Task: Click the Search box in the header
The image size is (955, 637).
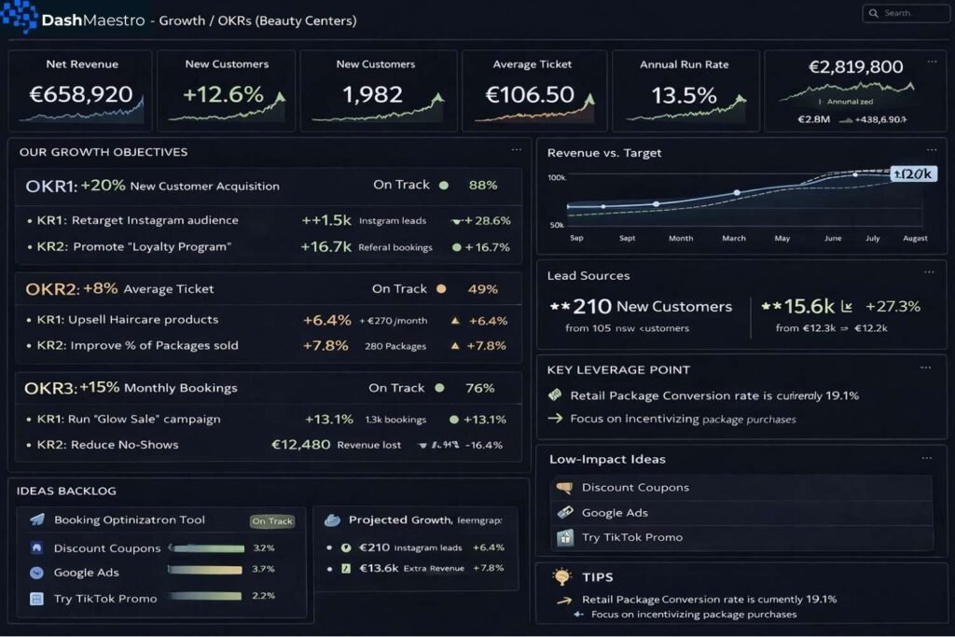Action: tap(905, 13)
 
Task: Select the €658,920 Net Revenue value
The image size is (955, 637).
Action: tap(81, 95)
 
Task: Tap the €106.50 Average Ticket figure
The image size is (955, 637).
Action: tap(530, 95)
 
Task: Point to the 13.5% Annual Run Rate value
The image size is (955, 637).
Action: tap(684, 95)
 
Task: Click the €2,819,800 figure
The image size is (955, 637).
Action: tap(855, 67)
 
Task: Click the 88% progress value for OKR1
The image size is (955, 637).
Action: tap(483, 186)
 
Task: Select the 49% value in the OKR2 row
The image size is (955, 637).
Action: tap(483, 289)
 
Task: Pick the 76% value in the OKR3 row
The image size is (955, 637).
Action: tap(479, 388)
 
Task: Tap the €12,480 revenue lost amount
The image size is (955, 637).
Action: tap(300, 445)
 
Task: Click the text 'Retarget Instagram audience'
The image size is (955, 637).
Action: tap(155, 221)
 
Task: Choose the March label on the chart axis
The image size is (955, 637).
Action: tap(734, 239)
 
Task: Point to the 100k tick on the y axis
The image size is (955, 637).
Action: tap(557, 177)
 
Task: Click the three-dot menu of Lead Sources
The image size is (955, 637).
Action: tap(928, 271)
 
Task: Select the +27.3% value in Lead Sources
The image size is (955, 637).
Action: tap(893, 307)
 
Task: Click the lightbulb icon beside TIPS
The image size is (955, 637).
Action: tap(561, 576)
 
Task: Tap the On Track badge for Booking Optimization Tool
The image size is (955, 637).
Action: tap(272, 521)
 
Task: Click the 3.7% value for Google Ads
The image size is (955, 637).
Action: tap(264, 569)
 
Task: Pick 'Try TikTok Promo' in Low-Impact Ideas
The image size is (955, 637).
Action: tap(631, 537)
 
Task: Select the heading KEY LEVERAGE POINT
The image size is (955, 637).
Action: tap(618, 370)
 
